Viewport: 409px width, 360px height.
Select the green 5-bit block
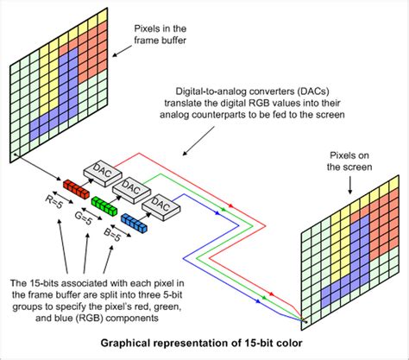pos(104,205)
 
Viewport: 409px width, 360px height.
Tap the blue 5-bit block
pos(136,223)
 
